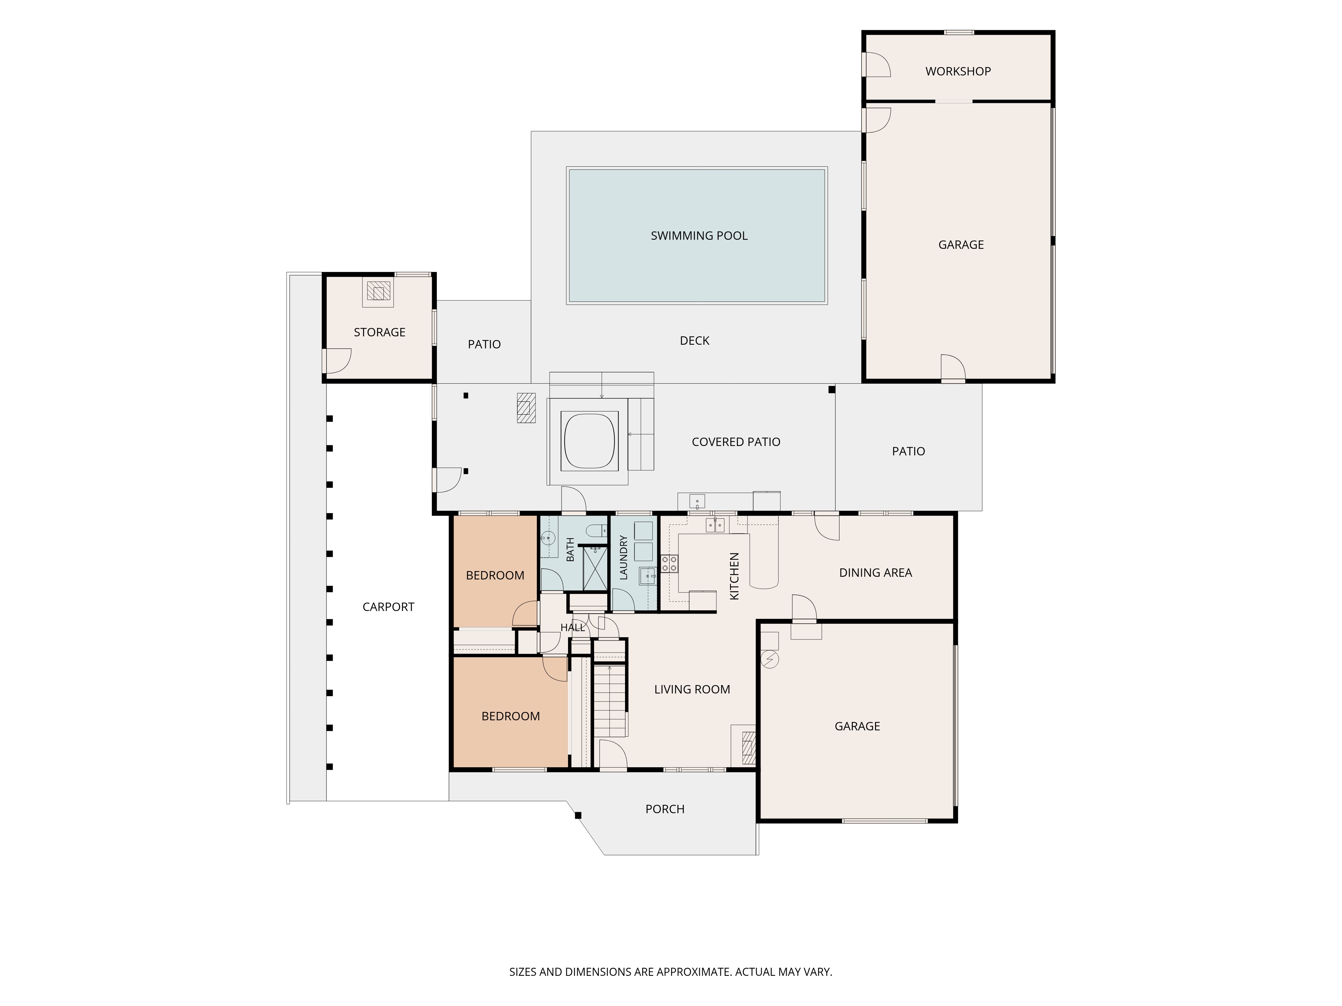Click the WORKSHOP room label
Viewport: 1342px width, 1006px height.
point(958,71)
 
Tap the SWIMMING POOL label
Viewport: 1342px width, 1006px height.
point(699,236)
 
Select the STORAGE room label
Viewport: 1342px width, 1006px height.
point(379,332)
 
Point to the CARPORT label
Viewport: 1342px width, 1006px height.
point(388,607)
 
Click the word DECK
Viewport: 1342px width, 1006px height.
point(695,341)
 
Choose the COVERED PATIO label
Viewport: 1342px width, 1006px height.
point(736,442)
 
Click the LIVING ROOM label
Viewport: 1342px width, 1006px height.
point(692,689)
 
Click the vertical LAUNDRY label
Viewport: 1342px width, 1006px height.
point(623,557)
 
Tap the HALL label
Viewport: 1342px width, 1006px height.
point(573,628)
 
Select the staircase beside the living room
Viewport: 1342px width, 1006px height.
point(610,701)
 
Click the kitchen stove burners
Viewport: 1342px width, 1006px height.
point(669,563)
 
